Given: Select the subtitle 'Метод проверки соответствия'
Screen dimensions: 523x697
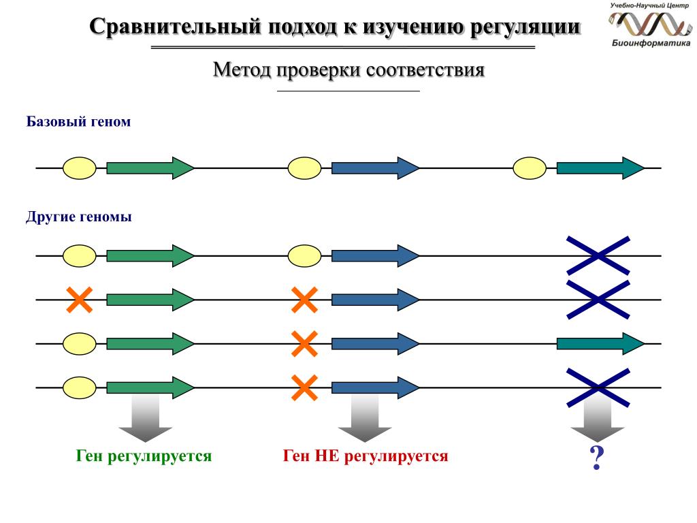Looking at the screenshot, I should [x=348, y=70].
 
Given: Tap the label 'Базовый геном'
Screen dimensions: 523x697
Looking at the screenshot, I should [x=78, y=122].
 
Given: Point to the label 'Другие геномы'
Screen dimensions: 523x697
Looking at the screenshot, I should [x=79, y=217].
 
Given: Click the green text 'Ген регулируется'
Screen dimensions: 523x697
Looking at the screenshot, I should [x=144, y=456].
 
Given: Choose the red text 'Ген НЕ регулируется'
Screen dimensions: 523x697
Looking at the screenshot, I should [x=366, y=456].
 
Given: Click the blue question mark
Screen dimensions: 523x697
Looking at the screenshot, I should [x=596, y=459].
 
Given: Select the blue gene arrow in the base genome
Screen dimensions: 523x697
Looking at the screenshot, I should [x=375, y=168].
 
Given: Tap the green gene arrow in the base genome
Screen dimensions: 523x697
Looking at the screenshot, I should [x=150, y=168].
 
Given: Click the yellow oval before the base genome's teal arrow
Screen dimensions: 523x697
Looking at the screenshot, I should [x=530, y=168].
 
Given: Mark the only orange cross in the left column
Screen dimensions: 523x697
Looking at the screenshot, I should [x=80, y=300].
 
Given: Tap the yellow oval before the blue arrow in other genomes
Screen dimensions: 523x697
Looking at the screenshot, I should [x=304, y=256].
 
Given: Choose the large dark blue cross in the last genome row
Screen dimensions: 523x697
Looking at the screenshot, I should [x=598, y=387].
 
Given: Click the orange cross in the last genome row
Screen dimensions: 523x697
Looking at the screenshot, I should [x=304, y=387].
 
